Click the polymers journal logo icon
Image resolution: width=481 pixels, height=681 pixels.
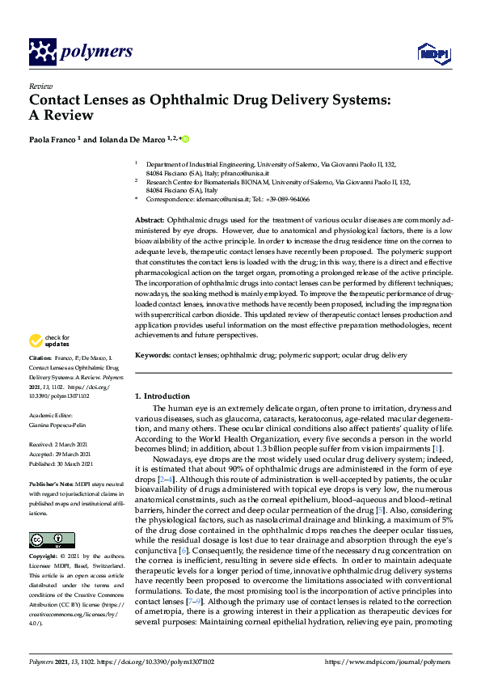[x=42, y=52]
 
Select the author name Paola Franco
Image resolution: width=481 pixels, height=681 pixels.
[x=53, y=138]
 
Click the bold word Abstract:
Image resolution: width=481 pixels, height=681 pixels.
[x=150, y=220]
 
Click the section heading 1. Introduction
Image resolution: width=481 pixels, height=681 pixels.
[x=162, y=396]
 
